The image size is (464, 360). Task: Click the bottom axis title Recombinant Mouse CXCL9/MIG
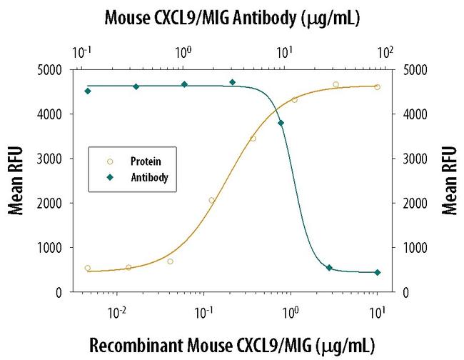[x=231, y=345]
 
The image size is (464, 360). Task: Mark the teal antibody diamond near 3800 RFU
[x=281, y=123]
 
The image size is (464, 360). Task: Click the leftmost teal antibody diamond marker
[x=88, y=91]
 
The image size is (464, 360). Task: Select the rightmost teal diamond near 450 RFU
[x=378, y=272]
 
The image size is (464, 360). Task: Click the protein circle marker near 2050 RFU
[x=212, y=200]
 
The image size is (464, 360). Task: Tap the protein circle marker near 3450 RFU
[x=253, y=138]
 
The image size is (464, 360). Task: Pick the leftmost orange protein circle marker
[x=88, y=268]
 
